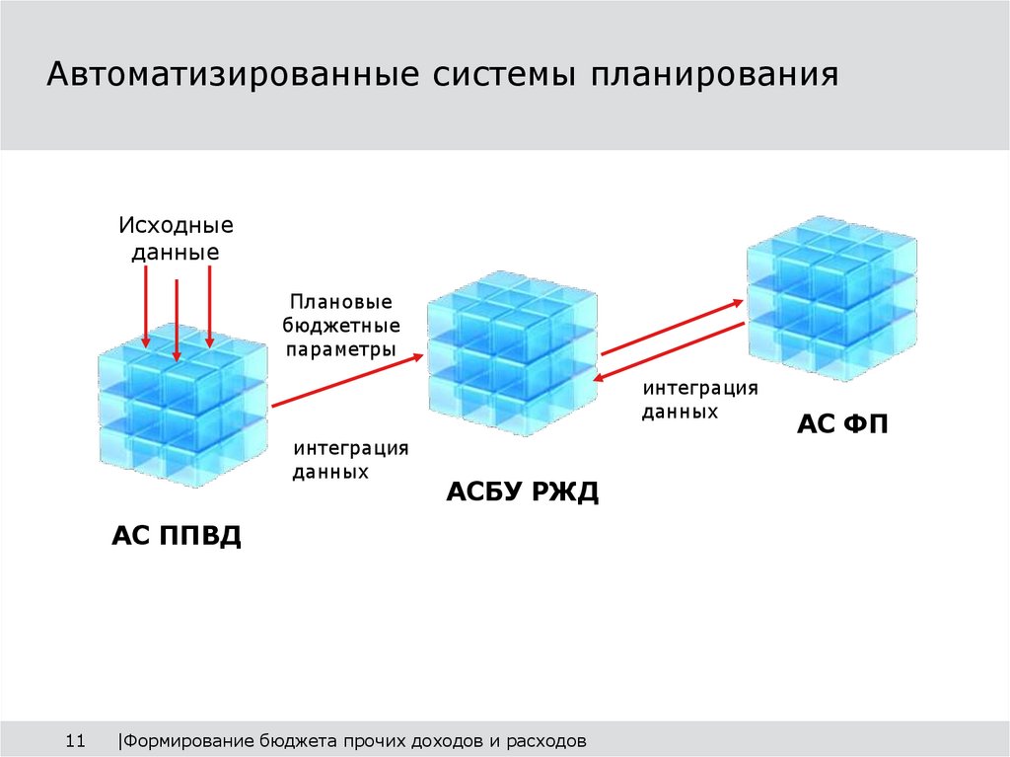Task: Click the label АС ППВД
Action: pos(177,537)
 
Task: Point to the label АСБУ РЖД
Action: pos(522,492)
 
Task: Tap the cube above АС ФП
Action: pos(830,296)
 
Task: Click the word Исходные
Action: pos(177,225)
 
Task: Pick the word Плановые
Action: pos(340,302)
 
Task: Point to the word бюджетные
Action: pos(341,325)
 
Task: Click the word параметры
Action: pos(341,348)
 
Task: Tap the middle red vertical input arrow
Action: pos(176,319)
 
